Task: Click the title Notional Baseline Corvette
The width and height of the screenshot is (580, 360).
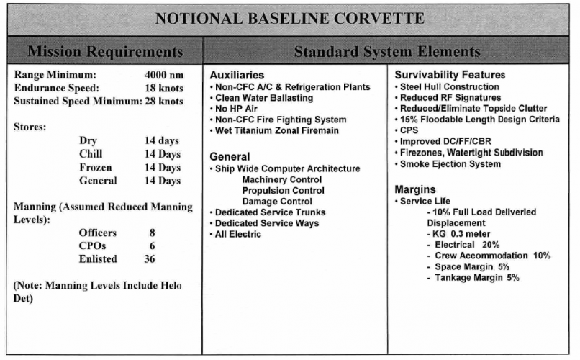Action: click(290, 17)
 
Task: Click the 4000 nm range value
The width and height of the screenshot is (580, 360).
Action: click(166, 74)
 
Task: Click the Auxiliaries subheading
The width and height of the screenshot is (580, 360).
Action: click(237, 75)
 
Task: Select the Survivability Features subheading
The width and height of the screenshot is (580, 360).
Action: click(450, 75)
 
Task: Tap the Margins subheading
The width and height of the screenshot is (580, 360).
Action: click(416, 189)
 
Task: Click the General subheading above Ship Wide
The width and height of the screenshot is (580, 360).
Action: click(230, 156)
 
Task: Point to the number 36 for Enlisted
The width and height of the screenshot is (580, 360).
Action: click(150, 259)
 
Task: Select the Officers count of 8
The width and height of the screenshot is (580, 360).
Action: click(151, 233)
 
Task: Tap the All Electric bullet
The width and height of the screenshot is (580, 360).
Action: click(238, 234)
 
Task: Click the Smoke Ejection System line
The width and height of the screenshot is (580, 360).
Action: click(450, 164)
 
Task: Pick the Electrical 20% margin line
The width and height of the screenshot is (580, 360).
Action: click(467, 245)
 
